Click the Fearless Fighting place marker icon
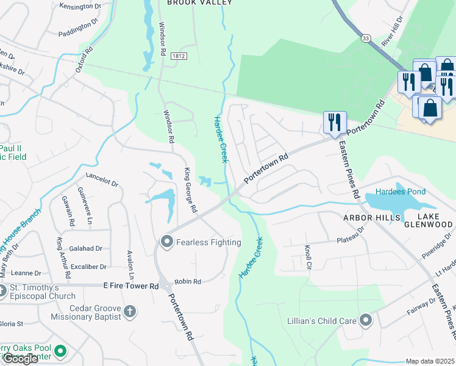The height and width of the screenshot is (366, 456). [166, 242]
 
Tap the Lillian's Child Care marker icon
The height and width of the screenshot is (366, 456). [365, 320]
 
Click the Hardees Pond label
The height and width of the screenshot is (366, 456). [400, 192]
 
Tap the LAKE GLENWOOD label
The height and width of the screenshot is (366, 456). [427, 220]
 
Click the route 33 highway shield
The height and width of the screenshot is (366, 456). [365, 38]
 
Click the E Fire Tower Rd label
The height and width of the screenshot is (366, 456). [131, 285]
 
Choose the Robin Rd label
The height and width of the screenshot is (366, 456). [188, 282]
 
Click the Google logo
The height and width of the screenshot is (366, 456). [20, 359]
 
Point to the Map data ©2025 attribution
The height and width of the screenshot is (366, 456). [430, 361]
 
